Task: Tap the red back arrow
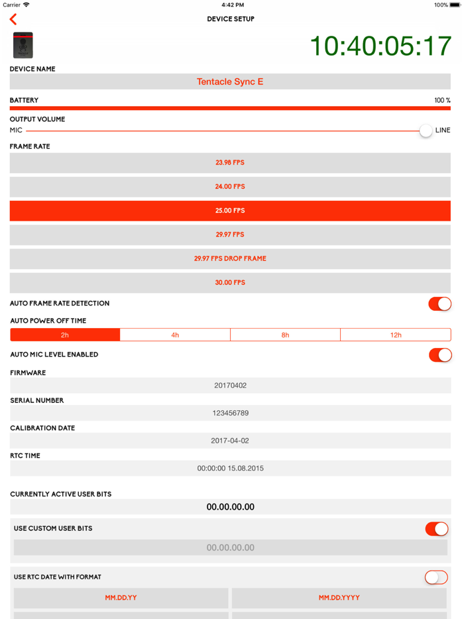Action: coord(13,19)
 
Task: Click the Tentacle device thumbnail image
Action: coord(23,45)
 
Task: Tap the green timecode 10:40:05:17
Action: coord(380,46)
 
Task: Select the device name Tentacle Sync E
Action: coord(230,82)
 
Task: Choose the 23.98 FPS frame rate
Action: coord(230,162)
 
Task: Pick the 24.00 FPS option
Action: coord(230,187)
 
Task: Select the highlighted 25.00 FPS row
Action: coord(230,211)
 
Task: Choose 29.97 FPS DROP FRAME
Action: coord(230,258)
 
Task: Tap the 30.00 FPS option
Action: coord(230,282)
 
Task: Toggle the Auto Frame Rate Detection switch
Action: coord(439,304)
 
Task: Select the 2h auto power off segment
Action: coord(65,335)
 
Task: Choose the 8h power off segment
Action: coord(285,335)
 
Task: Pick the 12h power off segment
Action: coord(396,335)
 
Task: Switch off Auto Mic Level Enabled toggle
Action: coord(439,355)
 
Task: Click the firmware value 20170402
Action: coord(230,385)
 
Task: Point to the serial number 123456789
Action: coord(230,413)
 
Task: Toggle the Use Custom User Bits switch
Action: coord(437,529)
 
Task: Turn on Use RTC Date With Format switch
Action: coord(436,577)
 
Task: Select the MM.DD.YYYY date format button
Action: coord(339,598)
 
